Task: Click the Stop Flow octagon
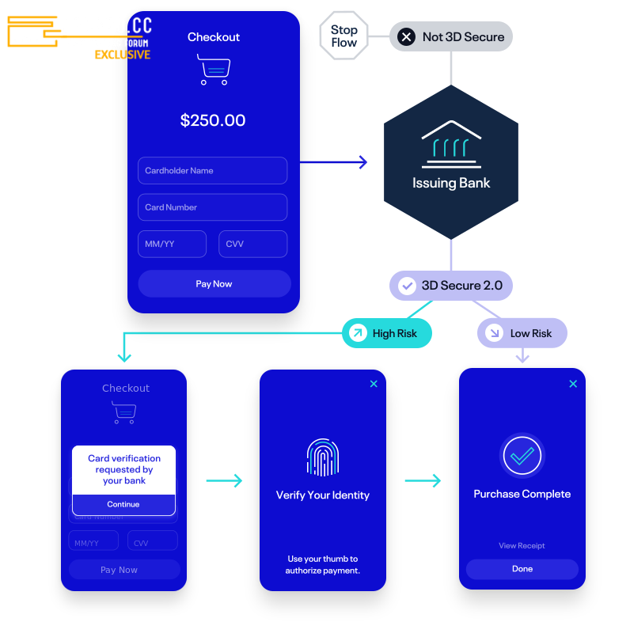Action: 343,36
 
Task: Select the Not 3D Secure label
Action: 452,36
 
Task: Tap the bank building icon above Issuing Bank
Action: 451,145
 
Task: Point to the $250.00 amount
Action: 213,120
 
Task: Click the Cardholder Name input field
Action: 212,170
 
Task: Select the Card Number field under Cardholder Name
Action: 212,207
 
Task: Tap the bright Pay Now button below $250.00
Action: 214,284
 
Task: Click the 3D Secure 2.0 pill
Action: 451,286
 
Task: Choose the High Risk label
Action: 387,333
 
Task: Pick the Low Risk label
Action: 522,333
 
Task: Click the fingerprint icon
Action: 323,457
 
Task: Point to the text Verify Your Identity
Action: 323,495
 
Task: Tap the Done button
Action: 522,569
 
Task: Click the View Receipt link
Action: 522,545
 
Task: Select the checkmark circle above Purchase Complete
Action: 522,455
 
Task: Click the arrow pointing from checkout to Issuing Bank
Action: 334,162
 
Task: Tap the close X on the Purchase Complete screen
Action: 573,384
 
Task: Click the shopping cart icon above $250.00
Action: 214,70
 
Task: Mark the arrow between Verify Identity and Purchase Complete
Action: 423,480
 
